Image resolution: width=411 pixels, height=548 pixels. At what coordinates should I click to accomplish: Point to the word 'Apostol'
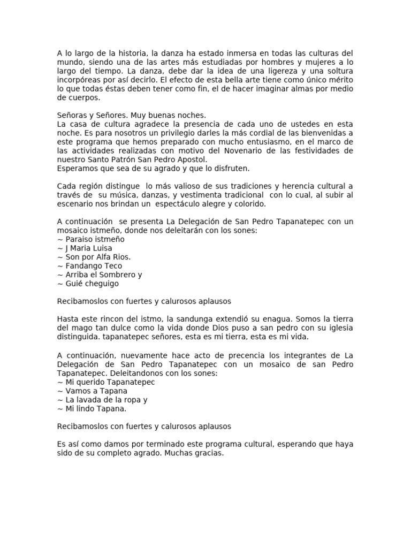(192, 159)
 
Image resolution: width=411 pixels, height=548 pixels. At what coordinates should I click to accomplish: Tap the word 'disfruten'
(230, 169)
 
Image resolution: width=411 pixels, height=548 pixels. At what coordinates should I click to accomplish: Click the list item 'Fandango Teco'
(93, 266)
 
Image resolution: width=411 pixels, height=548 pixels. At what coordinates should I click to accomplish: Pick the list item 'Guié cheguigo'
(91, 284)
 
